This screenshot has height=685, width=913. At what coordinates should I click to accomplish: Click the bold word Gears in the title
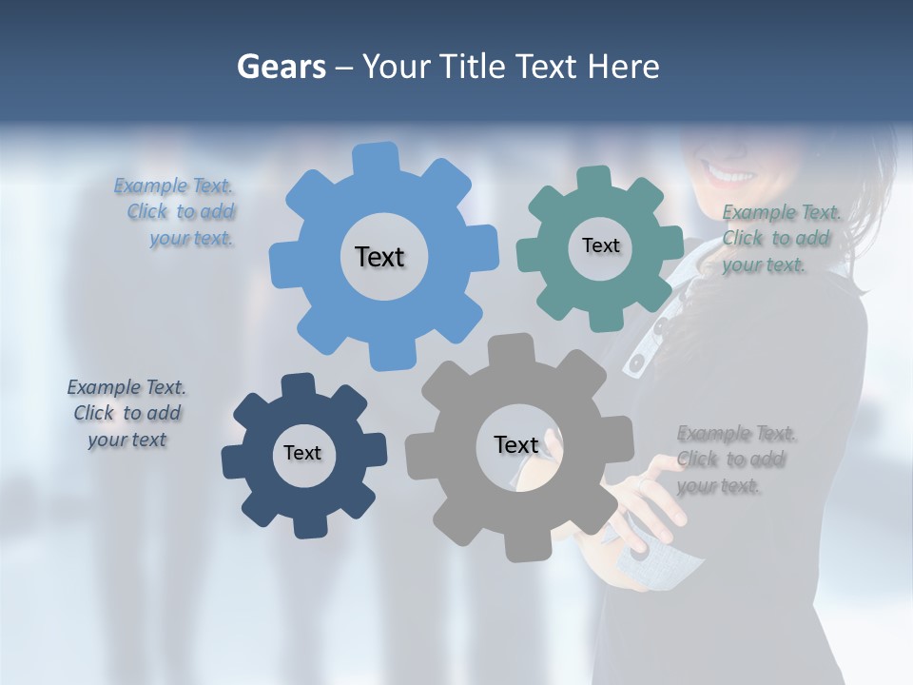click(x=281, y=67)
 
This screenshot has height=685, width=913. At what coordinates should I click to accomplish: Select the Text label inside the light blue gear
click(x=379, y=257)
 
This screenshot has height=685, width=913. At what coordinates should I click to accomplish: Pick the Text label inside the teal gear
click(x=600, y=245)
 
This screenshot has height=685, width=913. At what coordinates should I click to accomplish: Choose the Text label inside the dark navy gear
click(x=302, y=454)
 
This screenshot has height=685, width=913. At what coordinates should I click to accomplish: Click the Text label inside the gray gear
click(x=516, y=445)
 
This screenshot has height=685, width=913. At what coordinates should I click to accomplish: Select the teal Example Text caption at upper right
click(x=780, y=238)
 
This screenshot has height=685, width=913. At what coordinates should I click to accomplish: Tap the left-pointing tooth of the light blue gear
click(x=283, y=261)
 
